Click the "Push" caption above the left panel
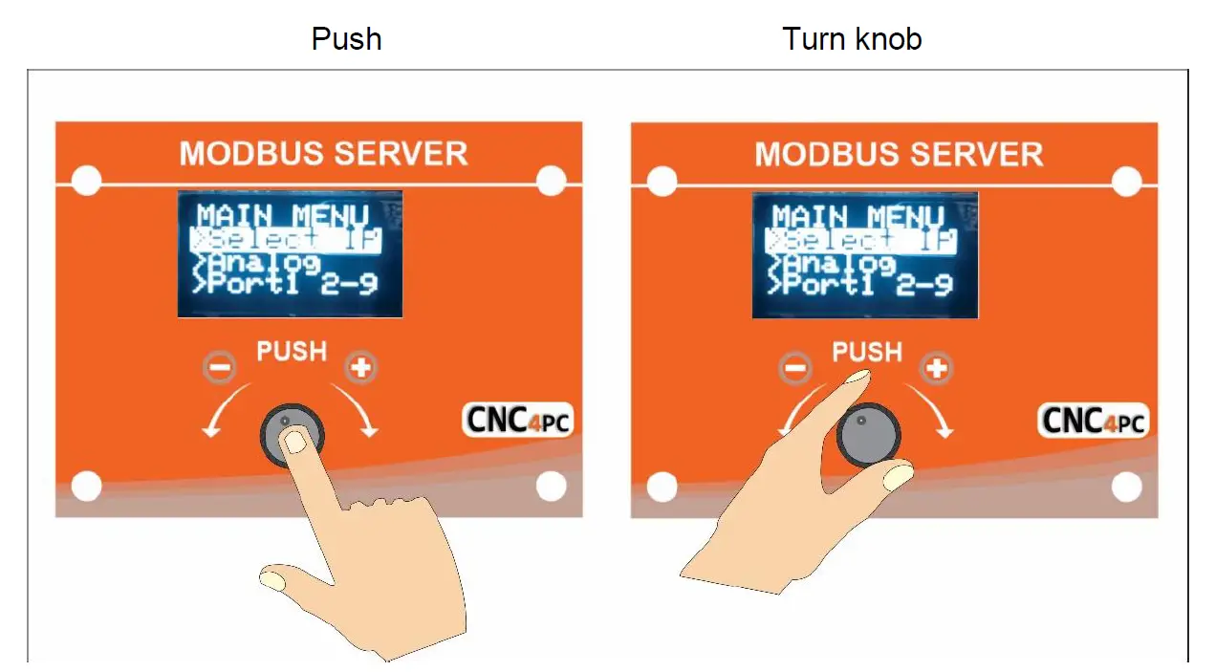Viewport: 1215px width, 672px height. [346, 39]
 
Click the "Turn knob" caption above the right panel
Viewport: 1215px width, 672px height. [851, 39]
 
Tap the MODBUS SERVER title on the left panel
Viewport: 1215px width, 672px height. [323, 154]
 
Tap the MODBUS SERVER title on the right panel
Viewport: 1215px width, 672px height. [899, 154]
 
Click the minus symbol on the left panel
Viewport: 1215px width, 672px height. [219, 366]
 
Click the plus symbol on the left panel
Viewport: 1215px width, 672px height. [360, 366]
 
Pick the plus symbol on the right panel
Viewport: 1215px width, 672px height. [935, 368]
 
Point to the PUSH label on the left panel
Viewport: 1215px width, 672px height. [292, 352]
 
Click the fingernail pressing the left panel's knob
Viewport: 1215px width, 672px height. [296, 441]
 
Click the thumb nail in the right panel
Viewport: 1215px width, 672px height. [899, 475]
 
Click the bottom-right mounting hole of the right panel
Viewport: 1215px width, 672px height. [1126, 488]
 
